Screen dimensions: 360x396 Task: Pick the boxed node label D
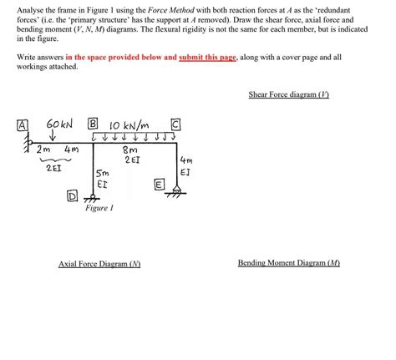73,196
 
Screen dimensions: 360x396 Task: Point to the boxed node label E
160,183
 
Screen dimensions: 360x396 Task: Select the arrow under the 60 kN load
53,138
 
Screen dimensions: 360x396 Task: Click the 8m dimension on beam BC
132,150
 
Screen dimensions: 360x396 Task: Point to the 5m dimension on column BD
102,173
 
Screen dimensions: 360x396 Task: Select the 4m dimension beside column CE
186,165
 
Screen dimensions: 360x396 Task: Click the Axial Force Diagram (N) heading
99,263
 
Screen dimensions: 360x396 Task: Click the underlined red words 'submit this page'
208,58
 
